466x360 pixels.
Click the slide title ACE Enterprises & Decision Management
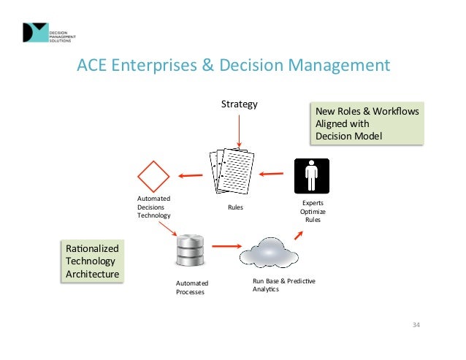[x=233, y=66]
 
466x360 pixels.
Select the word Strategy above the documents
[x=240, y=104]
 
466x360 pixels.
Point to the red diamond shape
[x=154, y=176]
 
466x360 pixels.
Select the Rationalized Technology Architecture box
[x=92, y=261]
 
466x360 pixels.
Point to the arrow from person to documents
[x=272, y=174]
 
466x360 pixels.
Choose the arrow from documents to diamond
[x=191, y=175]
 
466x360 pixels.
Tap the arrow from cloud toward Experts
[x=299, y=233]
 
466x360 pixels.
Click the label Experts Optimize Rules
[x=313, y=211]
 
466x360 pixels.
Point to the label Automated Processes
[x=192, y=288]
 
